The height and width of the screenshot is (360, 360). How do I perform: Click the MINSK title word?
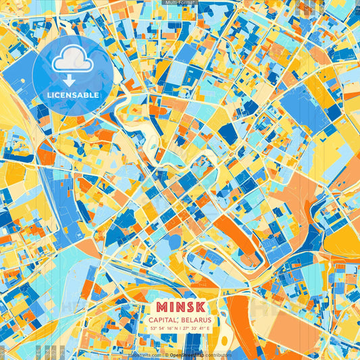180,306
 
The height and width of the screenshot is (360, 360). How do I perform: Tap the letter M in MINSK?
160,306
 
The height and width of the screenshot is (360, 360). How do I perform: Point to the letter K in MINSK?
200,306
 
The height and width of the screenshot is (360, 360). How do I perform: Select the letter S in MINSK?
188,306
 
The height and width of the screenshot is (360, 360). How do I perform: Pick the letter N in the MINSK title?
178,306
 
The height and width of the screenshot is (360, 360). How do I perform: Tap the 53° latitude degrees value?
153,328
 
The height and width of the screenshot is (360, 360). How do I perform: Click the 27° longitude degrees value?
186,328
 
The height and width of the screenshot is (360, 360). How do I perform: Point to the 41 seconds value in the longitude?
201,328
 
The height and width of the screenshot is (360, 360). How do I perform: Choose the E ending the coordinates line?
208,328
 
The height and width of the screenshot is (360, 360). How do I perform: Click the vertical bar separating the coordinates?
180,328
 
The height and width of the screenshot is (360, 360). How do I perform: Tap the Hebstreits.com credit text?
145,355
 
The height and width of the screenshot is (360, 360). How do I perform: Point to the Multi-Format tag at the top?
180,3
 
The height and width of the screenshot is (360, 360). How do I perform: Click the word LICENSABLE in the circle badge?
73,95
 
